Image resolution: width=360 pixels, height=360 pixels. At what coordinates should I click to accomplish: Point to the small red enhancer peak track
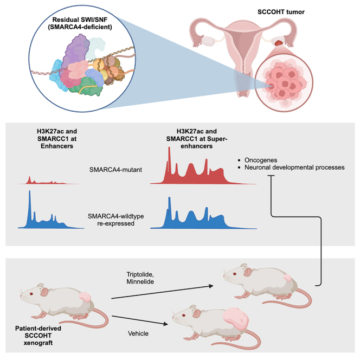(46, 181)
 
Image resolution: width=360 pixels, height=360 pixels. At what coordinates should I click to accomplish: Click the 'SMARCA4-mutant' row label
(115, 169)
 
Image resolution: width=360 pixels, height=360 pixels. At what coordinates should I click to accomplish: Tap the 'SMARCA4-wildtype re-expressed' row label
(115, 218)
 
